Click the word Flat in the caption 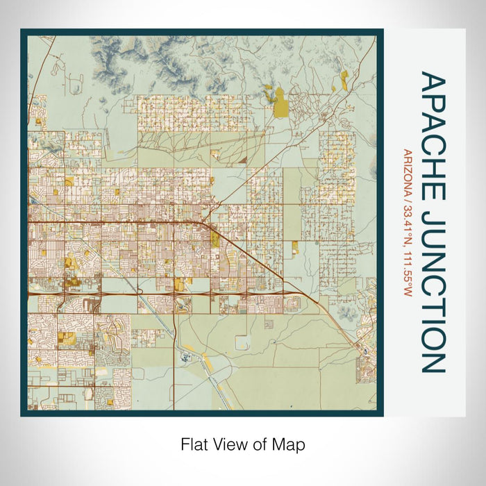coord(194,444)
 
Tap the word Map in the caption coord(290,444)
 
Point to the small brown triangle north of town coord(242,159)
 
